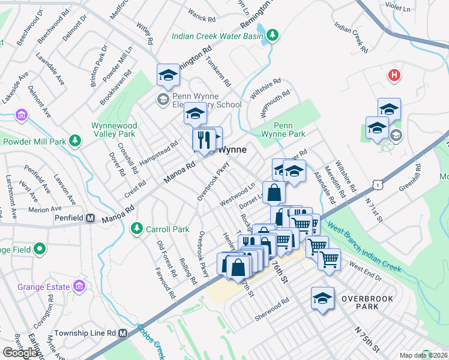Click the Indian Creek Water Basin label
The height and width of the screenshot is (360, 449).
click(217, 36)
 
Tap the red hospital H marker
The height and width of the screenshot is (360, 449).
click(394, 76)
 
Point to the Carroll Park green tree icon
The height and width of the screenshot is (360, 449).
click(136, 229)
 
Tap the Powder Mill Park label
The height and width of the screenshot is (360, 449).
click(34, 142)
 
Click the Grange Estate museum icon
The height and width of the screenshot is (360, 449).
click(79, 287)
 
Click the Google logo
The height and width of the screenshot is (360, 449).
click(20, 353)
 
